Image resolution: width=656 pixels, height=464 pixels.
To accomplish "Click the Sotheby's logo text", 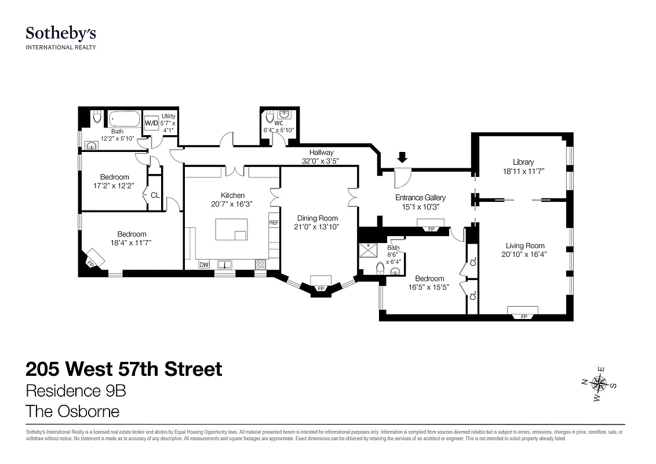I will [x=60, y=34].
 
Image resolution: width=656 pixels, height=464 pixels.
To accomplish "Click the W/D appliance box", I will [x=151, y=123].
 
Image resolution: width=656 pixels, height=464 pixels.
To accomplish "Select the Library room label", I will [x=523, y=162].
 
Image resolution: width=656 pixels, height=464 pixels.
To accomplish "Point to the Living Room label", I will [x=524, y=245].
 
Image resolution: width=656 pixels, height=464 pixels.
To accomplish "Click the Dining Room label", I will [x=318, y=218].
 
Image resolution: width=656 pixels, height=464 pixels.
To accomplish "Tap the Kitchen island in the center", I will [x=231, y=229].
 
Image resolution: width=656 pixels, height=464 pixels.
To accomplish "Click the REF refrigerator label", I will [x=274, y=223].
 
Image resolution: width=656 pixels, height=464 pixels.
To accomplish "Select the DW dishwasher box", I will [x=203, y=264].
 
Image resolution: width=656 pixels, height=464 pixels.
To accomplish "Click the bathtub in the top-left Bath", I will [x=124, y=120].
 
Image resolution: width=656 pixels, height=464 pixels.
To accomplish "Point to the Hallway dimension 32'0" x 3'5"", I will [x=320, y=161].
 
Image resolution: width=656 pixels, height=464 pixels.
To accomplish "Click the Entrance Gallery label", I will [x=420, y=198].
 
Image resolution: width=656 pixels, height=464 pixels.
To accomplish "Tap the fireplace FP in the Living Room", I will [x=524, y=316].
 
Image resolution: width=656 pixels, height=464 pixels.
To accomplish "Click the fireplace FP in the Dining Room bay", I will [x=320, y=288].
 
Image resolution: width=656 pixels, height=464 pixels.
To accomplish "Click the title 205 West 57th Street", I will [x=123, y=369].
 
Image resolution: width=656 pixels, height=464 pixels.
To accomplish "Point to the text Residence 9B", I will [x=75, y=390].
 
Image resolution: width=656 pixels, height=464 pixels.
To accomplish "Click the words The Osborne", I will [x=72, y=411].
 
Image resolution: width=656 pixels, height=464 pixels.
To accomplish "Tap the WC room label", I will [x=279, y=123].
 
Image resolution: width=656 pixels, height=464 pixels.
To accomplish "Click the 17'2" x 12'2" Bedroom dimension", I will [x=114, y=186].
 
